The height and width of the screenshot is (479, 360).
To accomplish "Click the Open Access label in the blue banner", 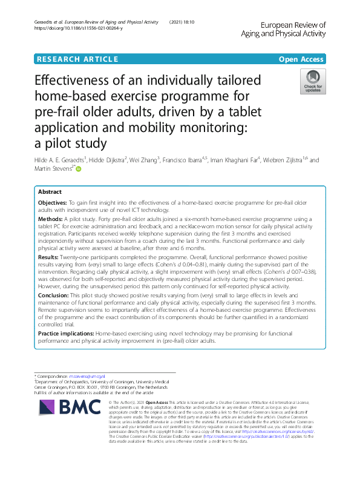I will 301,59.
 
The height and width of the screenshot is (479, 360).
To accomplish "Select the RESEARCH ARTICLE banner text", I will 77,59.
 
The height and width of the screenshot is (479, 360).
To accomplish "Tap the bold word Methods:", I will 51,217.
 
